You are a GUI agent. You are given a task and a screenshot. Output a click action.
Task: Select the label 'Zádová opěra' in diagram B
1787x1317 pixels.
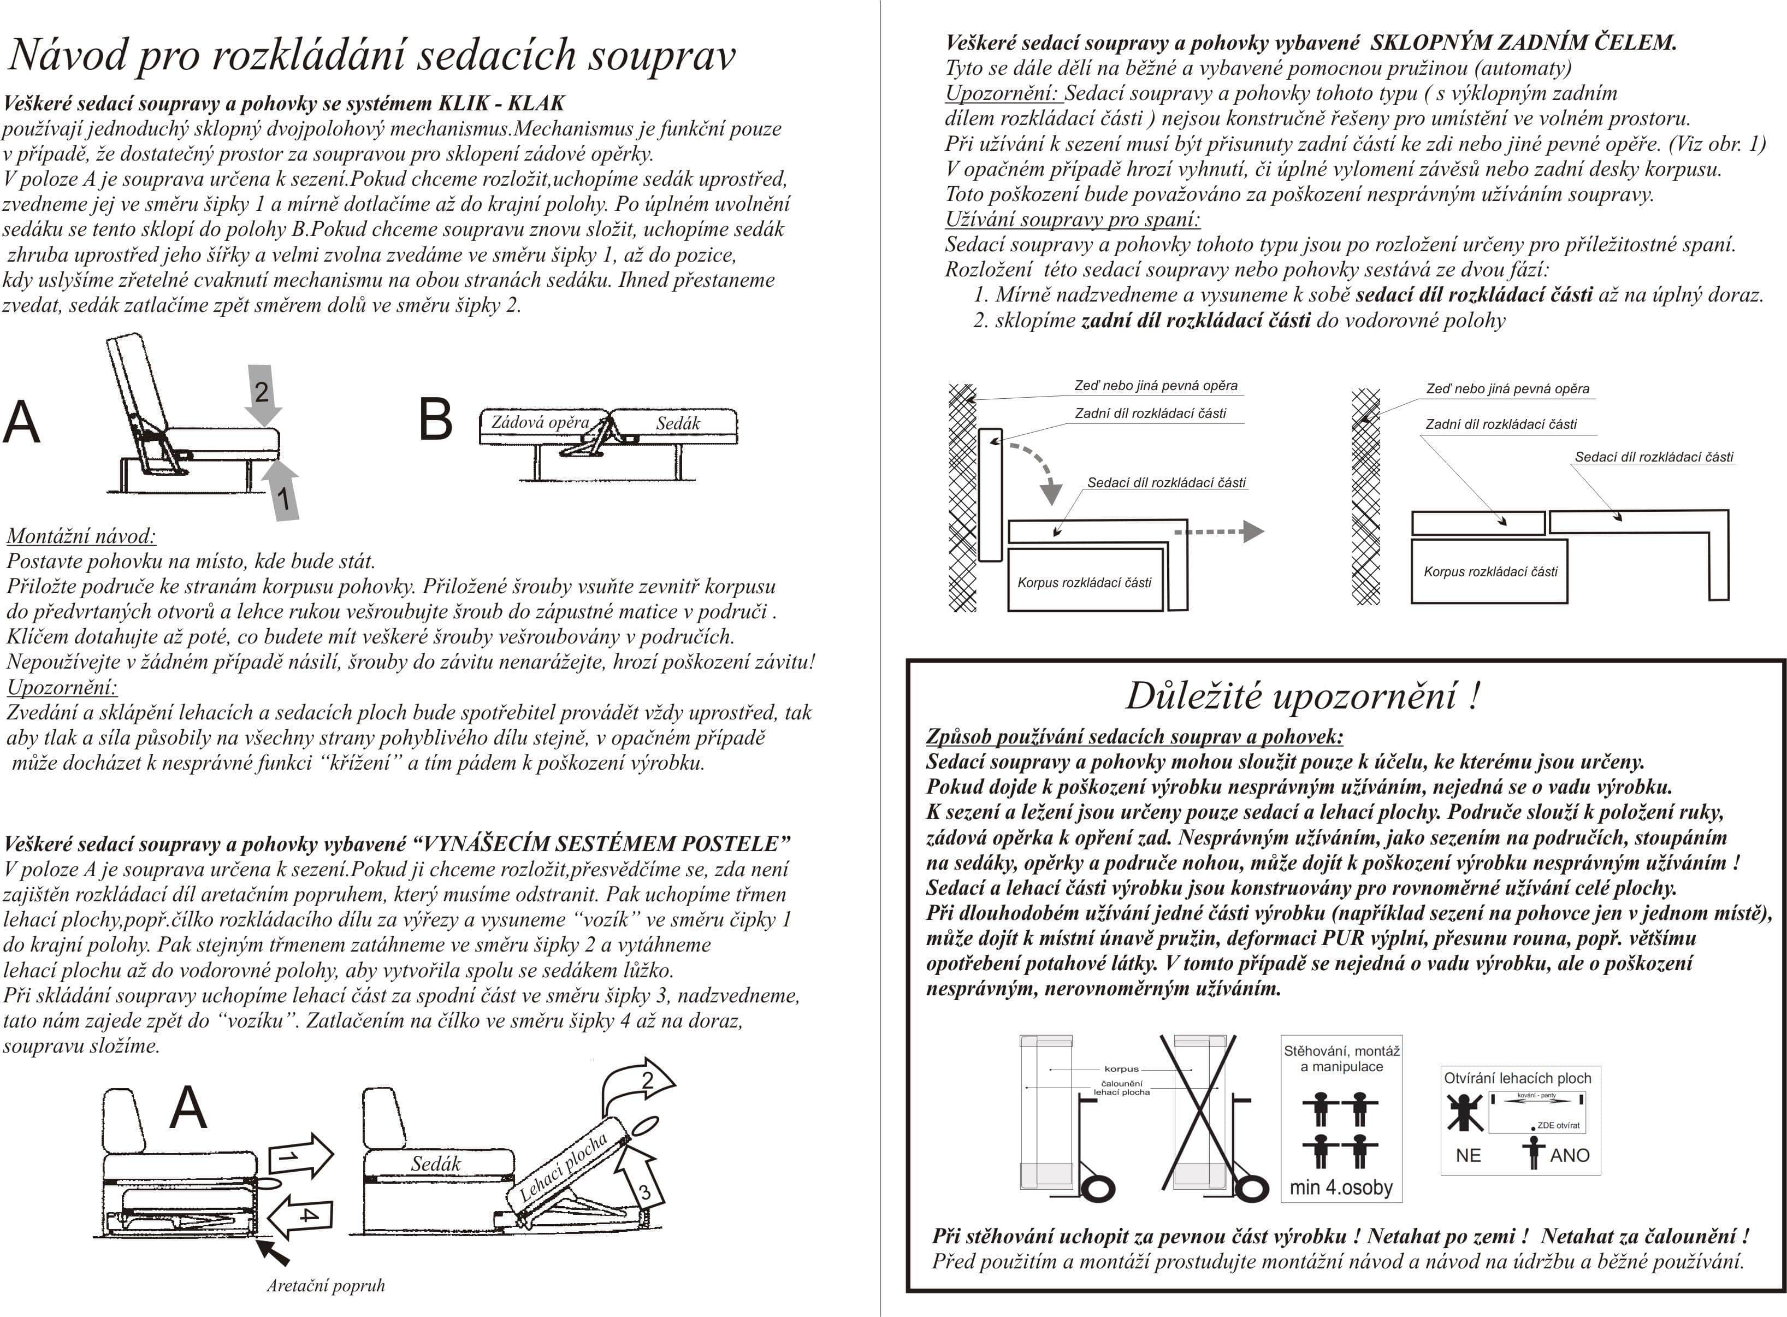[540, 423]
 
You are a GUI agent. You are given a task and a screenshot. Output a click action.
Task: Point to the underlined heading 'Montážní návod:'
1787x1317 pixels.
[81, 536]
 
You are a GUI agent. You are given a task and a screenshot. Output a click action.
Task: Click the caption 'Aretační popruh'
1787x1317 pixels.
[325, 1285]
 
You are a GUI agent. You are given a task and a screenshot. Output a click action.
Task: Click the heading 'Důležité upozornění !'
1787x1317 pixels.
[1303, 695]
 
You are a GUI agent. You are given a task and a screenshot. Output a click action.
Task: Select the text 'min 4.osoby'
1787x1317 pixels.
[1341, 1188]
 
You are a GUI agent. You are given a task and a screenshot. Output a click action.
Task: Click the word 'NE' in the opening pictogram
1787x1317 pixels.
[1468, 1155]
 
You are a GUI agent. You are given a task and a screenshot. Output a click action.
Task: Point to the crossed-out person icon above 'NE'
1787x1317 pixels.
[1465, 1113]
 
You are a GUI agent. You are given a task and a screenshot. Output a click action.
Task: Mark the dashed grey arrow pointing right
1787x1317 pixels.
[1220, 531]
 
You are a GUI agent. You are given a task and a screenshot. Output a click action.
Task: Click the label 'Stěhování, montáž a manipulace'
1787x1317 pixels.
[1341, 1059]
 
